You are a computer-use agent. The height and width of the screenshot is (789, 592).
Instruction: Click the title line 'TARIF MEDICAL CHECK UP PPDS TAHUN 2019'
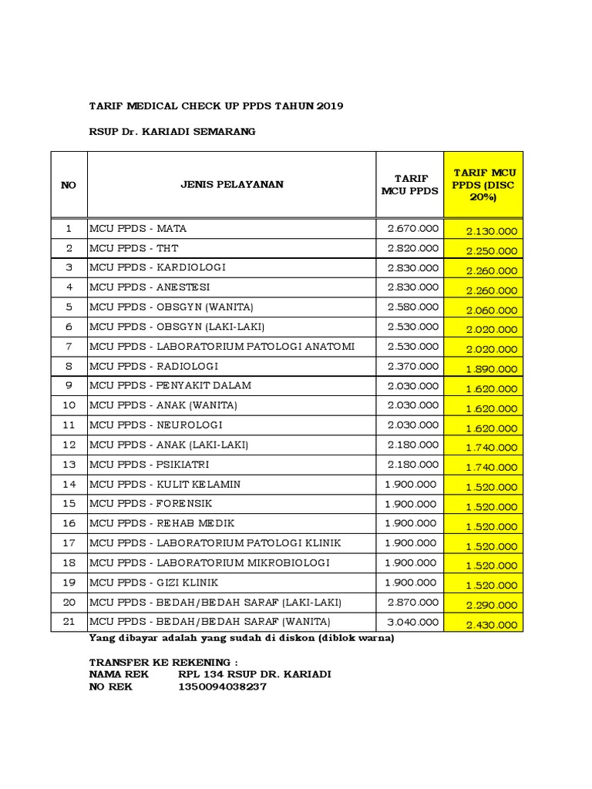coord(217,105)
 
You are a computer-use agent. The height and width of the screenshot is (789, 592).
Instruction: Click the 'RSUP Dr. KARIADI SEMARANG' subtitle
coord(172,131)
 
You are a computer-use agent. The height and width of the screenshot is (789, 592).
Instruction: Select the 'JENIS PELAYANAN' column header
coord(232,185)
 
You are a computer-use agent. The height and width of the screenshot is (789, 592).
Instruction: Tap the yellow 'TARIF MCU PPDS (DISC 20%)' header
coord(483,184)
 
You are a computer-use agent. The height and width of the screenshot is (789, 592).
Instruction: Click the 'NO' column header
coord(69,185)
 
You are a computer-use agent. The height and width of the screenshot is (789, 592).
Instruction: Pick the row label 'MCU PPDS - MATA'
coord(139,228)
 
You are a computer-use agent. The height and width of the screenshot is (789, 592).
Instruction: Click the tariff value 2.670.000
coord(413,228)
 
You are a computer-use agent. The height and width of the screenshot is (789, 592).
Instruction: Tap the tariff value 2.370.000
coord(413,366)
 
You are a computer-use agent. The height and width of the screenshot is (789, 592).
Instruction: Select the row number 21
coord(69,622)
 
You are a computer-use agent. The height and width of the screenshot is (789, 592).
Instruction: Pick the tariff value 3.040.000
coord(413,622)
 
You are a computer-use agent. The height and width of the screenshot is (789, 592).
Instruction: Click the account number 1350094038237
coord(222,687)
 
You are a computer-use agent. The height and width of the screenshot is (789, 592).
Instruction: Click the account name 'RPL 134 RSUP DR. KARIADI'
coord(254,674)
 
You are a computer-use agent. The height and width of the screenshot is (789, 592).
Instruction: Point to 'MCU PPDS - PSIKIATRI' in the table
coord(150,465)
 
